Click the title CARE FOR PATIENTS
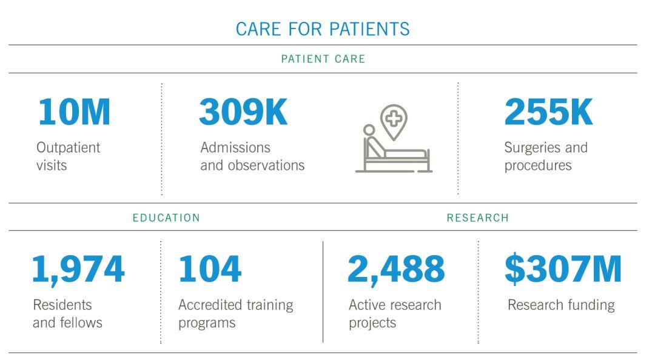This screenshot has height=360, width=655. coord(323,29)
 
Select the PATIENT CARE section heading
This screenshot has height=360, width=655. coord(323,59)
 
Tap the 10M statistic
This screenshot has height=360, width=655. coord(75,112)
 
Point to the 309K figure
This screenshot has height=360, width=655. coord(243,112)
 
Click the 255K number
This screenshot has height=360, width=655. coord(548,112)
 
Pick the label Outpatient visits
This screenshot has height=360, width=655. coord(68,156)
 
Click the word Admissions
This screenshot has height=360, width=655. coord(235,147)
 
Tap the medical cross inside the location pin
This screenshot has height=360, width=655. coord(394,119)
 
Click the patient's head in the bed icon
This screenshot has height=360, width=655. coord(369,130)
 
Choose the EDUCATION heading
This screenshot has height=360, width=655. coord(166,218)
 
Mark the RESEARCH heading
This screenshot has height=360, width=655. coord(478,218)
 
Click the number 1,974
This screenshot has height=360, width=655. coord(78,269)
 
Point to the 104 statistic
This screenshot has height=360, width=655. coord(210,268)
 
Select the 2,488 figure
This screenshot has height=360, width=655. coord(396,269)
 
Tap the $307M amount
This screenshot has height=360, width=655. coord(563,268)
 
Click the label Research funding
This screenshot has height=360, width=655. coord(561,305)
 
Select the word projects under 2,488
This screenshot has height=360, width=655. coord(372,324)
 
